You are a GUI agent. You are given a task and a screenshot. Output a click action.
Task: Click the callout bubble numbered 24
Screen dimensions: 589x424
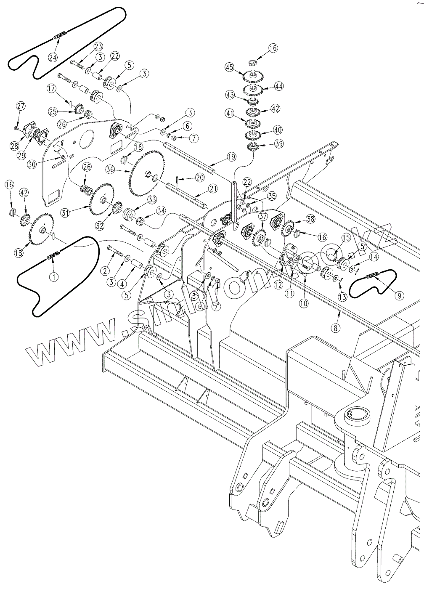(53, 58)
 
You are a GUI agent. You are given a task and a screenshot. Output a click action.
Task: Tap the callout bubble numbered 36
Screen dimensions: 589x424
(110, 170)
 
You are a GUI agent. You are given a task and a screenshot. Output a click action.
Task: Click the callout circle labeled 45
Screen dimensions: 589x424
(229, 67)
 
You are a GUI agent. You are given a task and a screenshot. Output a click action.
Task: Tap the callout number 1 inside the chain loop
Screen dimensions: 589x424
(53, 276)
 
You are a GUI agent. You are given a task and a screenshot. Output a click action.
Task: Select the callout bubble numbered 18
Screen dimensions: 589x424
(19, 253)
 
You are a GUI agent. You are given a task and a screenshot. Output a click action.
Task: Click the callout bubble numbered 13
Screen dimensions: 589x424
(342, 297)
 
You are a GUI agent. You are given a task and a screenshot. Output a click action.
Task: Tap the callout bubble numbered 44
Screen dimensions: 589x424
(279, 86)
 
